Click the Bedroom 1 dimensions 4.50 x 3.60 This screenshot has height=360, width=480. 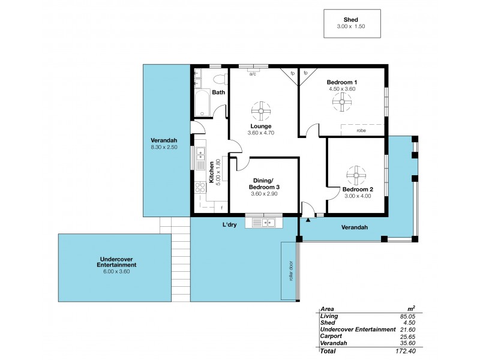[x=342, y=89]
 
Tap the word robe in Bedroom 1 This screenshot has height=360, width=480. [x=361, y=130]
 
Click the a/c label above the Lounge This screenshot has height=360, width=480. [x=253, y=74]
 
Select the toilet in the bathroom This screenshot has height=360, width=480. [x=219, y=79]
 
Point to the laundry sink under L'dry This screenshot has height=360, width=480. [x=264, y=223]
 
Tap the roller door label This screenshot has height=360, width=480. [x=290, y=271]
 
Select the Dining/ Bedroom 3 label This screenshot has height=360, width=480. [x=265, y=184]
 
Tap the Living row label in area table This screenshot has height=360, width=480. [x=329, y=316]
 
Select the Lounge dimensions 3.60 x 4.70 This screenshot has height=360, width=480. [x=260, y=133]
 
